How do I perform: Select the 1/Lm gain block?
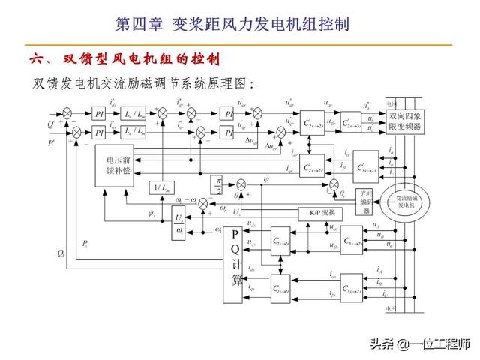point(162,186)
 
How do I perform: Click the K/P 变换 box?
point(319,214)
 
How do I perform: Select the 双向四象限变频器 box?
point(406,123)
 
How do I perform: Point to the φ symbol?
point(267,178)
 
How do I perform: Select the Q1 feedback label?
point(60,253)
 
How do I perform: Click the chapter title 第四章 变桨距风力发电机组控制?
point(232,24)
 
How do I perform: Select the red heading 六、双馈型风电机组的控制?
point(124,58)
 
